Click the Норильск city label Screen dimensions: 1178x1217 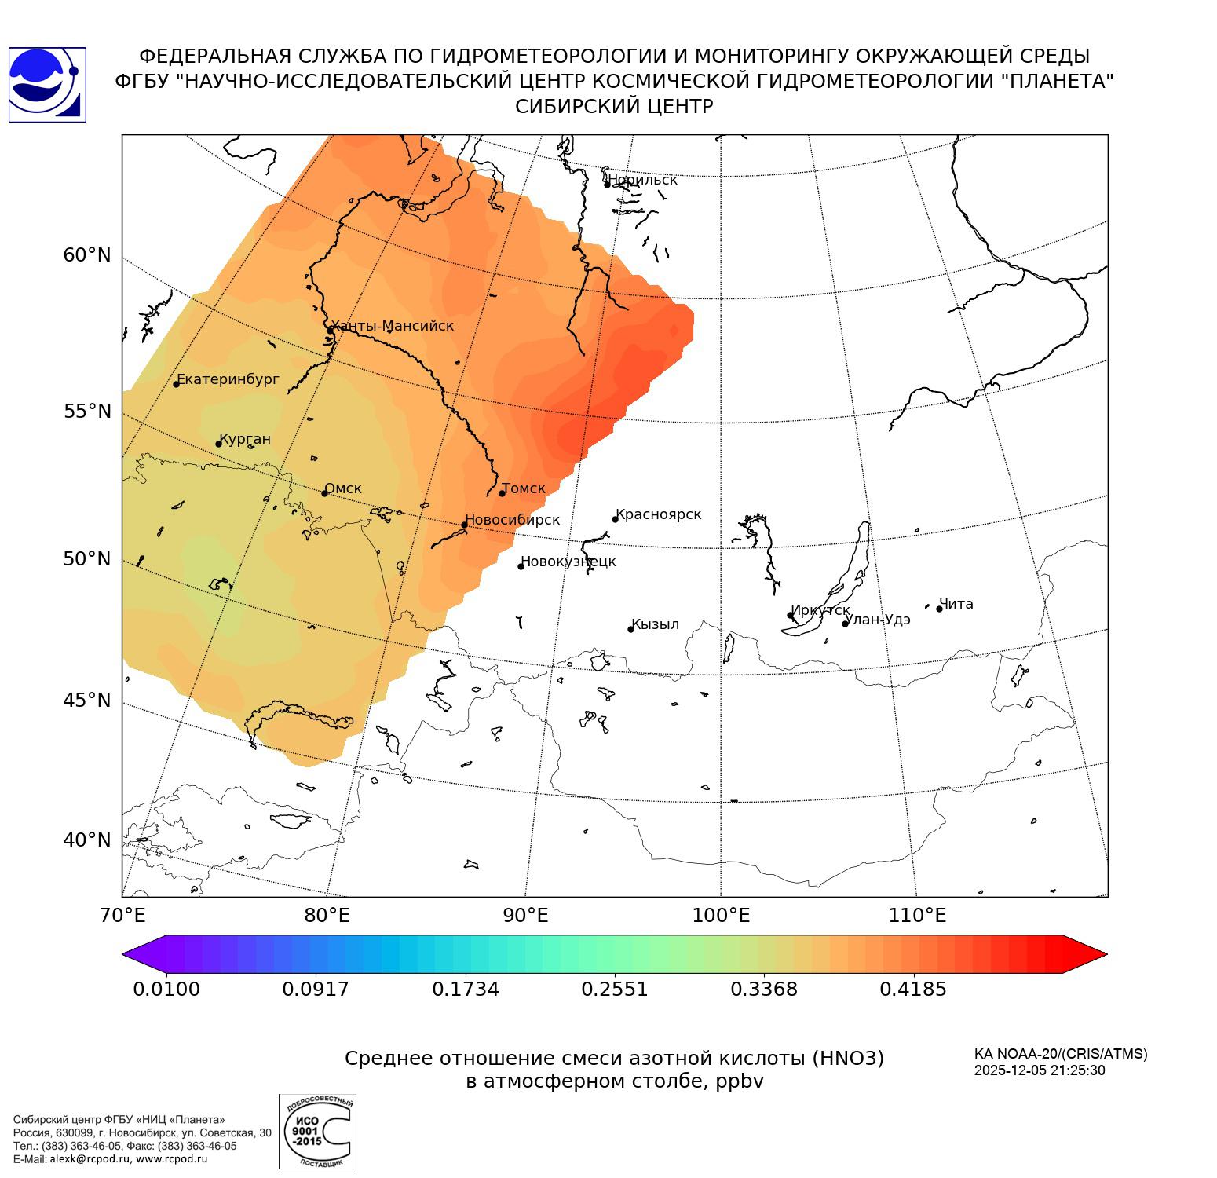(x=642, y=180)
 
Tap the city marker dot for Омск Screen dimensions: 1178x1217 (x=324, y=493)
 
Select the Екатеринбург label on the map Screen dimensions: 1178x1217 (x=228, y=379)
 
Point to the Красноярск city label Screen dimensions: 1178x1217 (x=658, y=514)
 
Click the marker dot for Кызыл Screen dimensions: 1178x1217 (x=630, y=629)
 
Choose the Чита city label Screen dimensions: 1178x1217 (x=956, y=604)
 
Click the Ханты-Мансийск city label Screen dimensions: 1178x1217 (x=392, y=326)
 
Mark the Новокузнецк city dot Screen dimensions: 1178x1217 (x=521, y=566)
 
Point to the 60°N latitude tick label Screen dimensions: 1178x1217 (x=87, y=255)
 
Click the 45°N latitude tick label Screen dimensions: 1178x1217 (x=87, y=700)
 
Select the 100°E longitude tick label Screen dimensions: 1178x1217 (x=721, y=915)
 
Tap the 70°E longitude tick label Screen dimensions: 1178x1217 (x=122, y=915)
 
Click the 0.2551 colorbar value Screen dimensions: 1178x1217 (x=615, y=989)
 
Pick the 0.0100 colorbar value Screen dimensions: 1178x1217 (x=166, y=989)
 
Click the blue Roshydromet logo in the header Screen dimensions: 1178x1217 (x=47, y=85)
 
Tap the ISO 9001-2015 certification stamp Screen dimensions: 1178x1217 (x=317, y=1131)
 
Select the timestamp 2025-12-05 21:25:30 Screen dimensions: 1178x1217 (x=1040, y=1070)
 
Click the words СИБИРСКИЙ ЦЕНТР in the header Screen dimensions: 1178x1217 (x=614, y=107)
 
